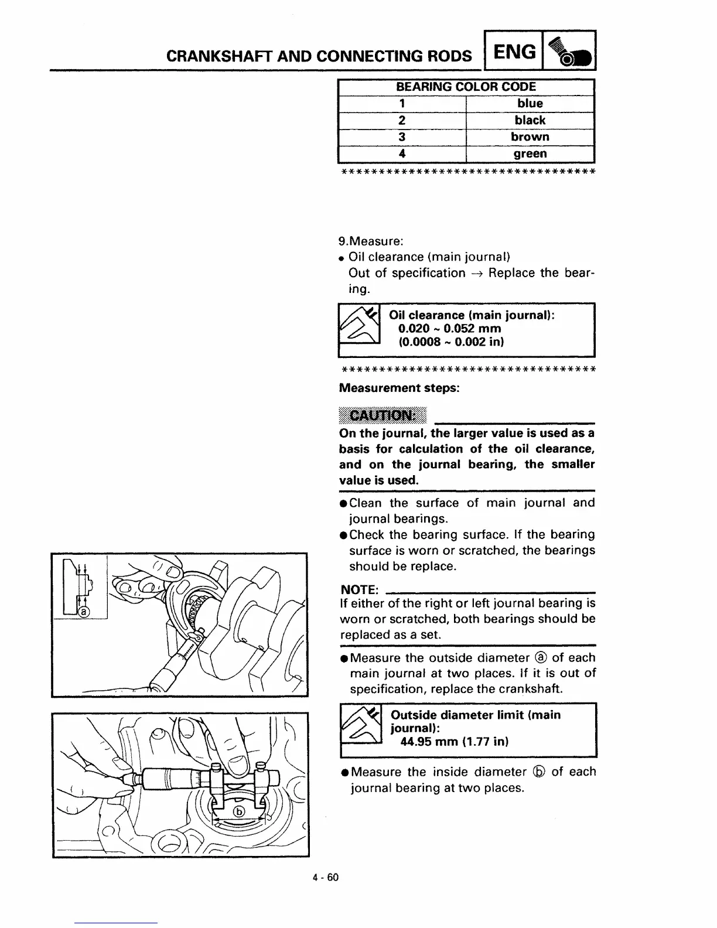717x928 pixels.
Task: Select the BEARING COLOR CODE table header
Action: (466, 87)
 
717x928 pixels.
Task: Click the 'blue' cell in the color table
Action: (530, 103)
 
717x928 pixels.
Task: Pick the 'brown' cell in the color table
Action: (530, 137)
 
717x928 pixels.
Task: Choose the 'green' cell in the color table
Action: (530, 153)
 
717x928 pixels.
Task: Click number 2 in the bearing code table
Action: (402, 120)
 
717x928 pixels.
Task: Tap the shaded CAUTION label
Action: (383, 415)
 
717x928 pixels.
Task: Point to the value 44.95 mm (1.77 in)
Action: (454, 742)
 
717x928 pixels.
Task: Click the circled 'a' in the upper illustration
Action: (83, 612)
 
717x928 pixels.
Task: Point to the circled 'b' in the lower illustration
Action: (239, 811)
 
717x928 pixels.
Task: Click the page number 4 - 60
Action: (326, 877)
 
